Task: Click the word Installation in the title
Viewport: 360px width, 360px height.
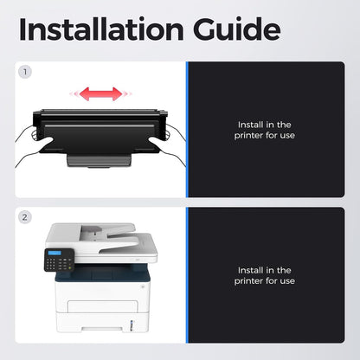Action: pos(101,29)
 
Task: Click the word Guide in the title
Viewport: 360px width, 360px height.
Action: pos(237,29)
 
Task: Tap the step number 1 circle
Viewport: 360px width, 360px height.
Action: pos(25,72)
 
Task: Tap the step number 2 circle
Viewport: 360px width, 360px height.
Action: pos(25,217)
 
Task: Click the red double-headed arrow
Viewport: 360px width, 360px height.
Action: pos(100,93)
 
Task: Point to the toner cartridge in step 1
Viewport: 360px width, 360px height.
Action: pos(100,136)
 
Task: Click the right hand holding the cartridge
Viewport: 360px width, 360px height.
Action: pos(168,145)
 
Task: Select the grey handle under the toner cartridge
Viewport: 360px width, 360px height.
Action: pos(100,161)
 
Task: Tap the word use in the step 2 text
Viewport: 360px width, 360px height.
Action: pos(287,281)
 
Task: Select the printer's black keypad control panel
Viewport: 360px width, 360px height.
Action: pos(59,260)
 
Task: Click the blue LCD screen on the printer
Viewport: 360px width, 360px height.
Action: pos(55,253)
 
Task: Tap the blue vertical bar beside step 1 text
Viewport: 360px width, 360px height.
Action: pos(187,130)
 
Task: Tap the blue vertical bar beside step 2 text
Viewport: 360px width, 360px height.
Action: pos(187,275)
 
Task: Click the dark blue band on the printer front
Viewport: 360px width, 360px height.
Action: pos(102,274)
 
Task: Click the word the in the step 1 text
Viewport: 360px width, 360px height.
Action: pos(284,125)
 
